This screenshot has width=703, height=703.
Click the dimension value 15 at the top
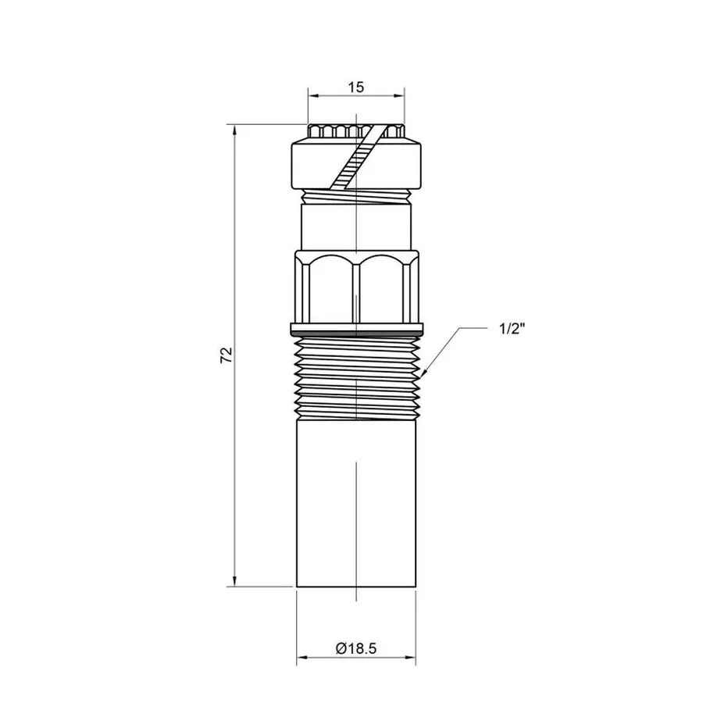click(x=356, y=87)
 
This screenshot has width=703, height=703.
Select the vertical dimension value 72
click(x=227, y=355)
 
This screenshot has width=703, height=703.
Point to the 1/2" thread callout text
click(x=512, y=328)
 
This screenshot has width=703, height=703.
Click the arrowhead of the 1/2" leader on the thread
click(x=422, y=376)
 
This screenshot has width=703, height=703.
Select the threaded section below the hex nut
click(x=357, y=375)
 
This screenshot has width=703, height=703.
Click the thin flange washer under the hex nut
click(x=357, y=327)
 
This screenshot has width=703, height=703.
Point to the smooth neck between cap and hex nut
click(x=357, y=227)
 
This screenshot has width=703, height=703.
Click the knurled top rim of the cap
click(x=357, y=131)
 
